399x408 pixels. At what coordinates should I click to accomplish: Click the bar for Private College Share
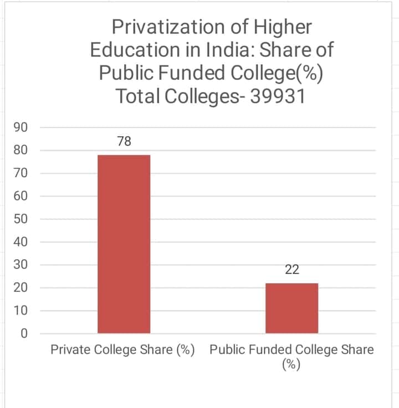click(x=124, y=244)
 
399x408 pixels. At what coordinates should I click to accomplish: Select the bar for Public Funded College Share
click(x=291, y=308)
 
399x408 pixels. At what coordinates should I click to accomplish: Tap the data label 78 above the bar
click(x=124, y=141)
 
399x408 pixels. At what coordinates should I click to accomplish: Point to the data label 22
click(x=292, y=270)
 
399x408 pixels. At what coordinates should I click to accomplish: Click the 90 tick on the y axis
click(x=21, y=127)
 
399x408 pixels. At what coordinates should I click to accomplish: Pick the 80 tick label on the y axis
click(x=21, y=150)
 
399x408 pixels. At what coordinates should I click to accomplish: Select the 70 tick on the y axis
click(x=21, y=173)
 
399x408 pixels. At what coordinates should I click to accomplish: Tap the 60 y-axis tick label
click(x=21, y=196)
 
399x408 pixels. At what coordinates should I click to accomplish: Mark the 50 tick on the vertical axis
click(x=21, y=219)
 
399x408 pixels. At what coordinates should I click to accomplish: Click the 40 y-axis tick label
click(x=21, y=242)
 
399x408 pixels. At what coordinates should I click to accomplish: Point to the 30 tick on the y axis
click(x=21, y=265)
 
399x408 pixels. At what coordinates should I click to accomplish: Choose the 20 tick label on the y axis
click(x=21, y=287)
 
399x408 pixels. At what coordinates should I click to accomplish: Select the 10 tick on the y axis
click(x=21, y=311)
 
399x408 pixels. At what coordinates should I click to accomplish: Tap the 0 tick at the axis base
click(x=24, y=333)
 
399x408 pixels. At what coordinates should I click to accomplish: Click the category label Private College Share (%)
click(x=122, y=350)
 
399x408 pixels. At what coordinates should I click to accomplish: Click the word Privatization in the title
click(x=168, y=27)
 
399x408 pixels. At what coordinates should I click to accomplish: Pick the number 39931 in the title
click(x=278, y=96)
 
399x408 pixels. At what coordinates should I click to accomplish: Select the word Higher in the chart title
click(x=283, y=27)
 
